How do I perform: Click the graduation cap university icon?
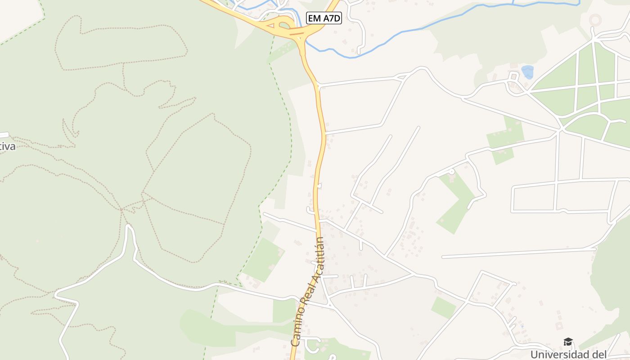[x=568, y=342]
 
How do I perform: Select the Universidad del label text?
[x=568, y=354]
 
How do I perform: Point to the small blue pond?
[x=527, y=72]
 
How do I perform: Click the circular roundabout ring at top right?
[x=595, y=20]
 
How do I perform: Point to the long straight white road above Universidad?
[x=517, y=253]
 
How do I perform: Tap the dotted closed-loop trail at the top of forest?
[x=121, y=43]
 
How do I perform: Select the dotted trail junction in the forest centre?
[x=121, y=209]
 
